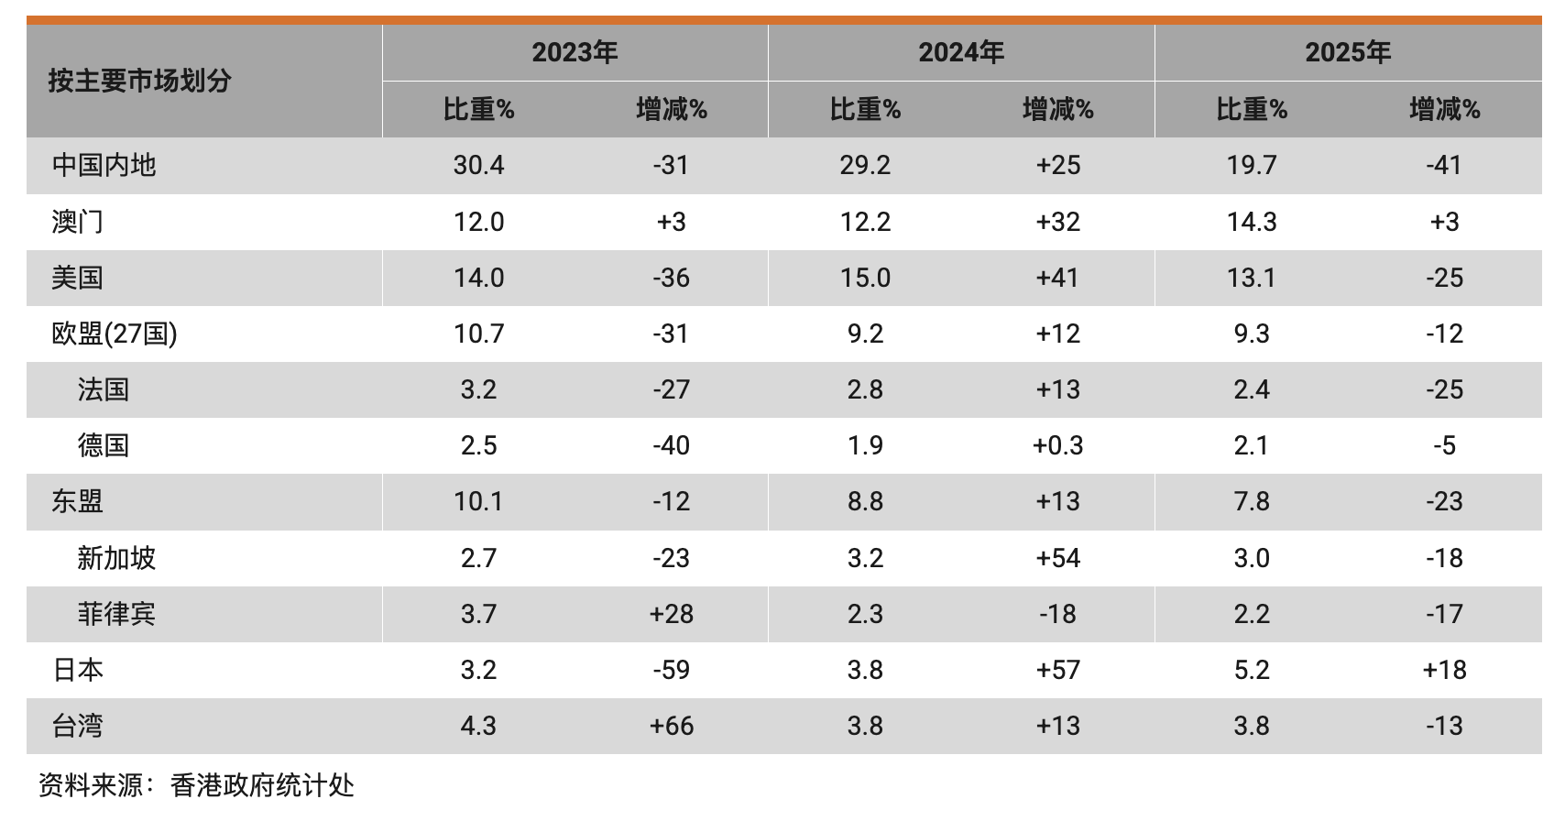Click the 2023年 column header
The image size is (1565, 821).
click(x=575, y=52)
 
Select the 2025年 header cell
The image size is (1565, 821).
click(x=1348, y=52)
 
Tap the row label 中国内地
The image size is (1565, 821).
click(x=104, y=165)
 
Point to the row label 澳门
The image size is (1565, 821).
click(x=77, y=222)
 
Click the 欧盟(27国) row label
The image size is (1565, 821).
click(x=115, y=334)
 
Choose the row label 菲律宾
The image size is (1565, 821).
click(x=116, y=614)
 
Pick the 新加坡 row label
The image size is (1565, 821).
click(x=116, y=558)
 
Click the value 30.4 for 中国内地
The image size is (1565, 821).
click(x=478, y=165)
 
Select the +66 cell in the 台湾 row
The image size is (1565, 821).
click(x=671, y=726)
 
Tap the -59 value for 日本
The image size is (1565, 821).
click(x=671, y=670)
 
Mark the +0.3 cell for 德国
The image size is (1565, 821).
click(x=1057, y=445)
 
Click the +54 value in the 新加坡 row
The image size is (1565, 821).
click(x=1057, y=558)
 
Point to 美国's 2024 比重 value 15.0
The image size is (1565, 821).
click(x=865, y=278)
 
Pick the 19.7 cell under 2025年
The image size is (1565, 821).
click(x=1252, y=165)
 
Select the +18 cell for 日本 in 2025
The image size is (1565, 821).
click(x=1444, y=670)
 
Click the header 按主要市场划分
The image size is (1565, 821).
click(x=139, y=81)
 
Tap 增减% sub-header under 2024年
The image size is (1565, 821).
click(x=1057, y=110)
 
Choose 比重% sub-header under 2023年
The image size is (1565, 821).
click(x=478, y=110)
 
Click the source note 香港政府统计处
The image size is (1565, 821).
click(x=262, y=785)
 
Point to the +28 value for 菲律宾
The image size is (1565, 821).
click(x=671, y=614)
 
